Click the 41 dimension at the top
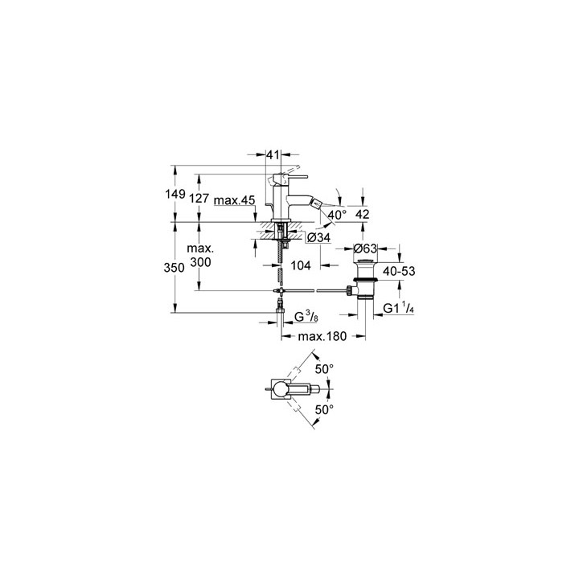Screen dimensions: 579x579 [x=273, y=155]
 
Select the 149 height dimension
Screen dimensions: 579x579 [x=175, y=194]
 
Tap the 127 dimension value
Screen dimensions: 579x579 [x=199, y=199]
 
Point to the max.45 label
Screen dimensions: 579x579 [x=235, y=200]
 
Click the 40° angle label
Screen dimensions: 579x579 [x=337, y=214]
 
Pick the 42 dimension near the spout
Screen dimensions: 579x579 [x=362, y=214]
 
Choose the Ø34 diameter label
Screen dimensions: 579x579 [x=318, y=238]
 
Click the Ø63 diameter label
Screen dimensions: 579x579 [x=365, y=248]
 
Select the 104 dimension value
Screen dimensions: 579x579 [x=301, y=265]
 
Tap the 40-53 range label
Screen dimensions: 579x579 [x=399, y=272]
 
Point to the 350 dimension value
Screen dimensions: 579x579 [x=174, y=267]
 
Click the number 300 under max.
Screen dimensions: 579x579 [x=200, y=262]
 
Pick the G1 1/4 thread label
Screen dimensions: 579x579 [x=398, y=308]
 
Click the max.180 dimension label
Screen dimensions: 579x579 [x=322, y=336]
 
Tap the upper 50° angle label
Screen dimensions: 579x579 [x=324, y=368]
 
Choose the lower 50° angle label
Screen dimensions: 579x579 [x=324, y=409]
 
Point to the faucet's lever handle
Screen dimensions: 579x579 [x=289, y=178]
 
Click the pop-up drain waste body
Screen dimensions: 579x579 [x=365, y=280]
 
